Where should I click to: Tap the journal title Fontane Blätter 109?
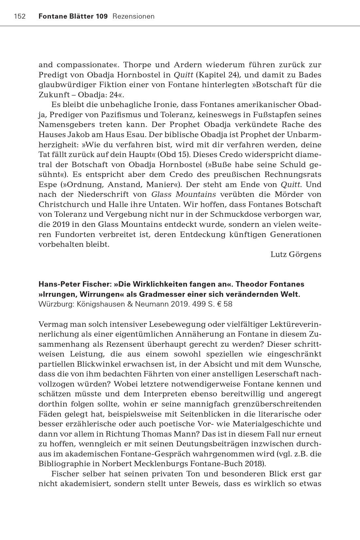coord(73,16)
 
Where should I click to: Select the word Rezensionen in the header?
coord(133,16)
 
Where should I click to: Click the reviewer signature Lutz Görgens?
coord(296,254)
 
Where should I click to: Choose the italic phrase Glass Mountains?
coord(184,195)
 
